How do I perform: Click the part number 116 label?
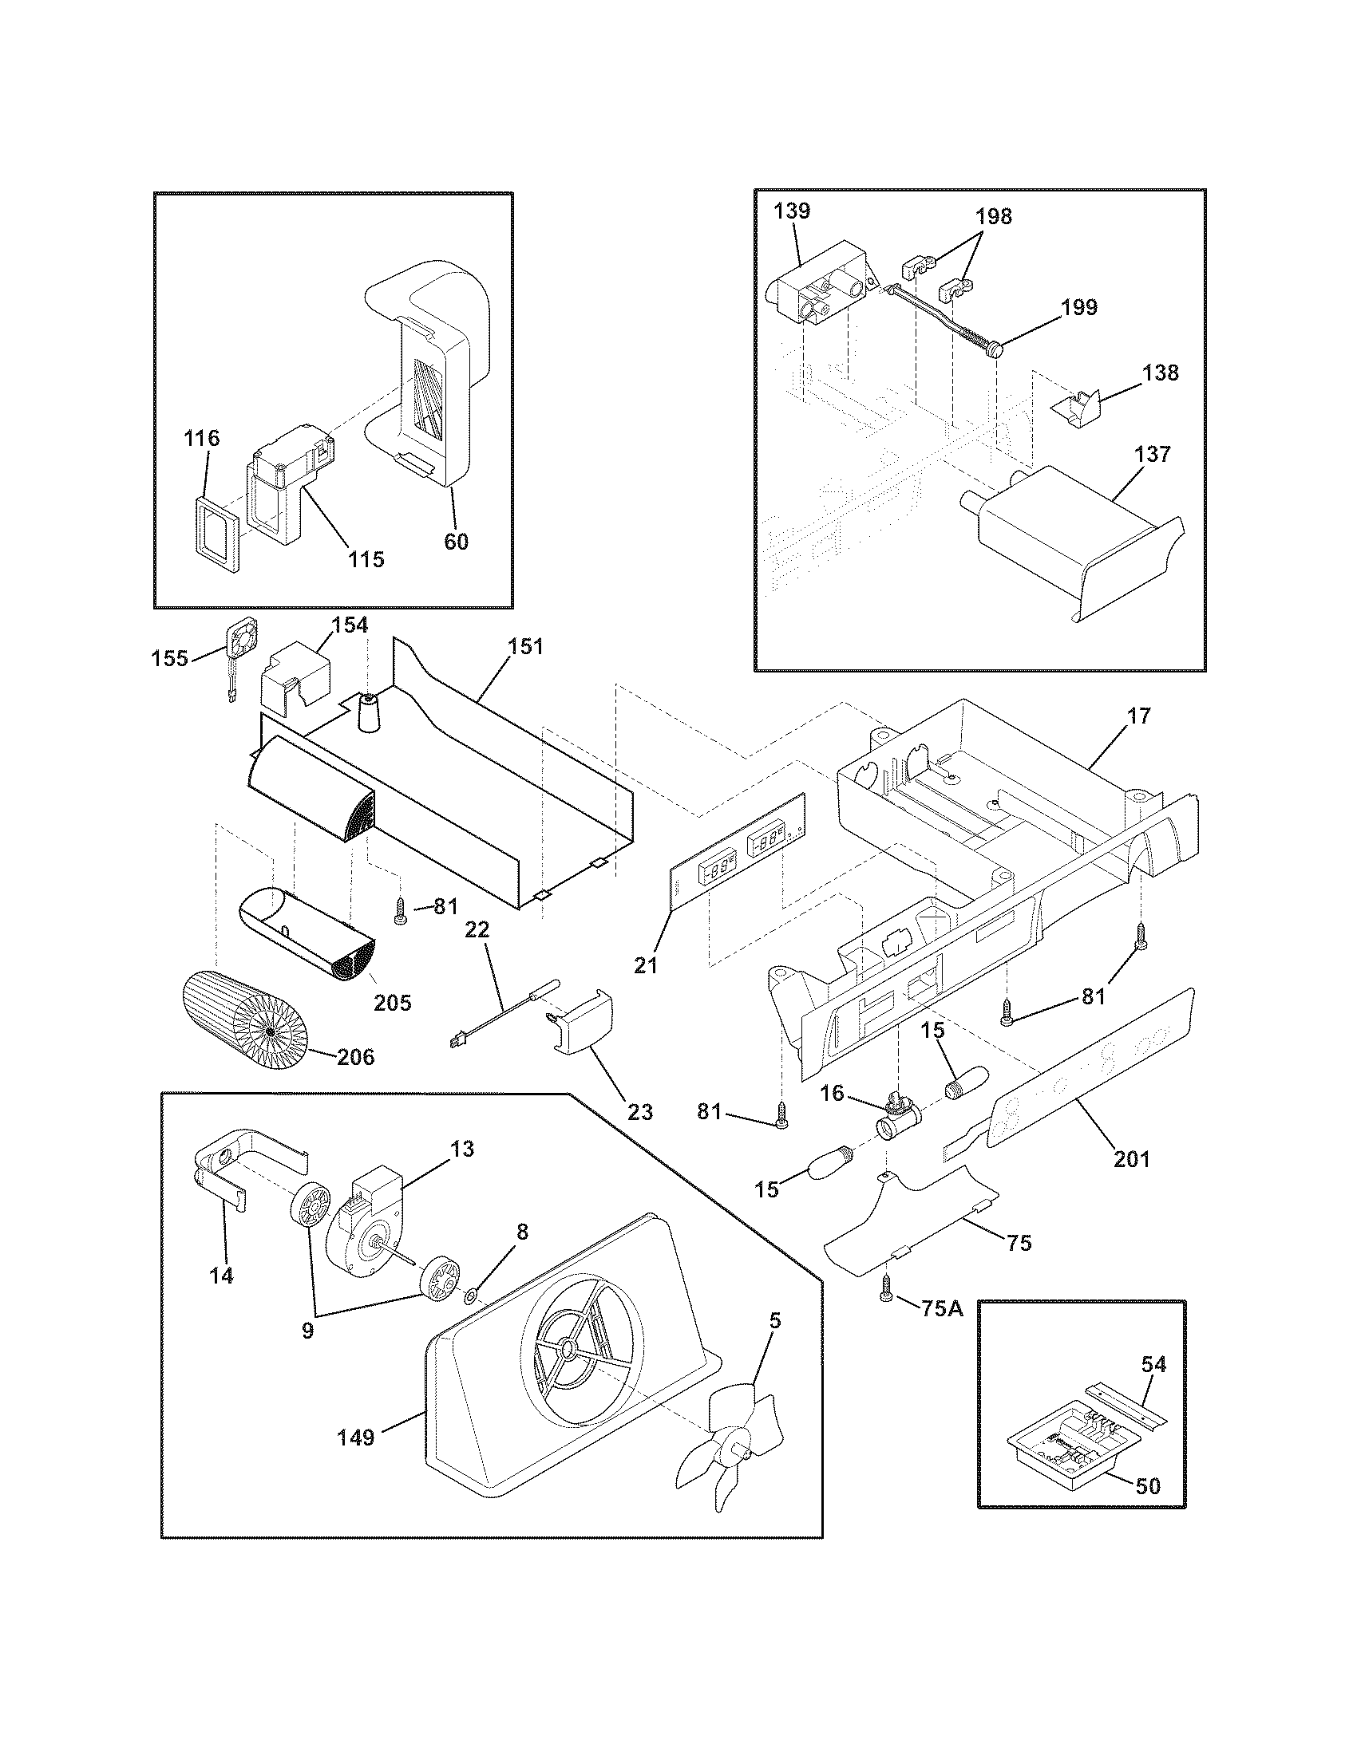[x=201, y=439]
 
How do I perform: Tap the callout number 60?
[x=456, y=542]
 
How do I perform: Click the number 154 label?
[x=350, y=625]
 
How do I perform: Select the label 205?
[x=392, y=1002]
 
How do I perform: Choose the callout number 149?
[x=356, y=1437]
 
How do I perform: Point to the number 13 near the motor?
[x=462, y=1149]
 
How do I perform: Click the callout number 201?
[x=1132, y=1159]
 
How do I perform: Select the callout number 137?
[x=1153, y=454]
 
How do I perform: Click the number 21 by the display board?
[x=645, y=965]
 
